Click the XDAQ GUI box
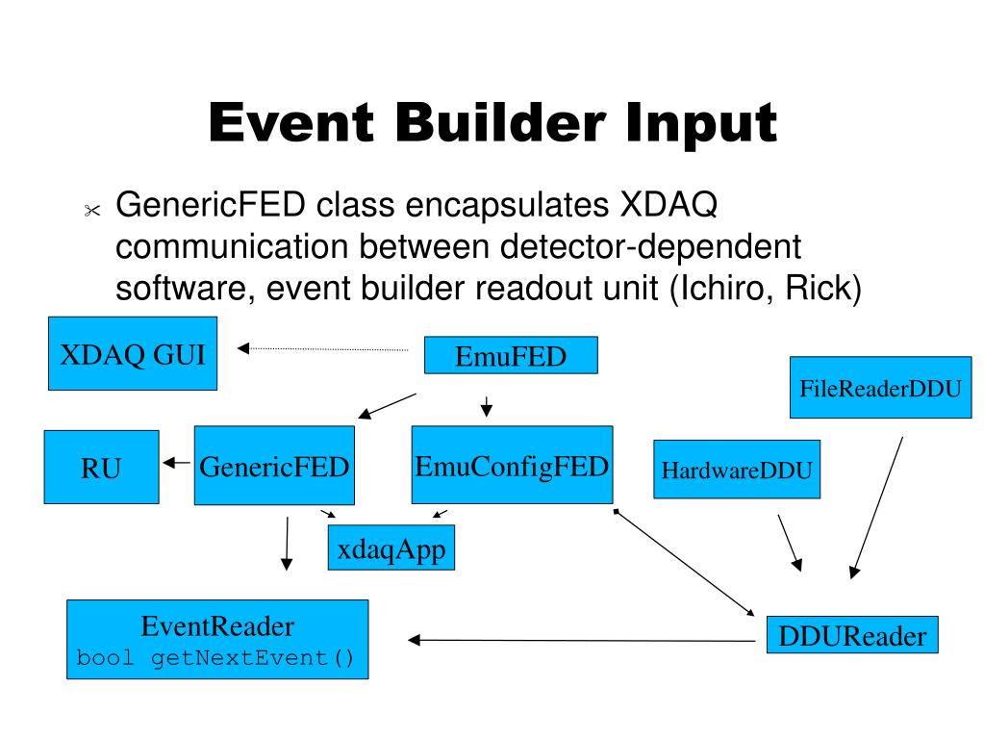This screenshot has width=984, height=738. (133, 353)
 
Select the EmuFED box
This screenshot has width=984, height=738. (511, 355)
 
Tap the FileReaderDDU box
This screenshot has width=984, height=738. (880, 387)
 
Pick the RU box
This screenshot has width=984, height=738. (101, 467)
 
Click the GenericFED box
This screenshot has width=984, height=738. (274, 466)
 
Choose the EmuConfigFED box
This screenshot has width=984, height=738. (512, 465)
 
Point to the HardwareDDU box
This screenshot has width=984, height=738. (737, 470)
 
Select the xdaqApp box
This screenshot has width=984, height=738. (391, 547)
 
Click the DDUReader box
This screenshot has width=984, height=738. (852, 634)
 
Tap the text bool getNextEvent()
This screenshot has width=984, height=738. (215, 658)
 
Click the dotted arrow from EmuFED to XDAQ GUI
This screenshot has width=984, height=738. (322, 349)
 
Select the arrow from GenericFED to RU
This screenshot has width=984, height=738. (176, 463)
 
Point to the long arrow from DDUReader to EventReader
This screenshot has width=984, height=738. (582, 640)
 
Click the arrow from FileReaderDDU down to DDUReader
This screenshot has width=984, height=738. (876, 508)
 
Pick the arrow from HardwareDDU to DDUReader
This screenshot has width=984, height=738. (790, 544)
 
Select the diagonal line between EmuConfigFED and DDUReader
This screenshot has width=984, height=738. (684, 563)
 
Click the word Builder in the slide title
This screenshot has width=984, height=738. (500, 122)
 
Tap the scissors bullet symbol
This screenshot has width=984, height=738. (92, 210)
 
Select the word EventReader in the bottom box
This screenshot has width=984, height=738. (217, 625)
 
